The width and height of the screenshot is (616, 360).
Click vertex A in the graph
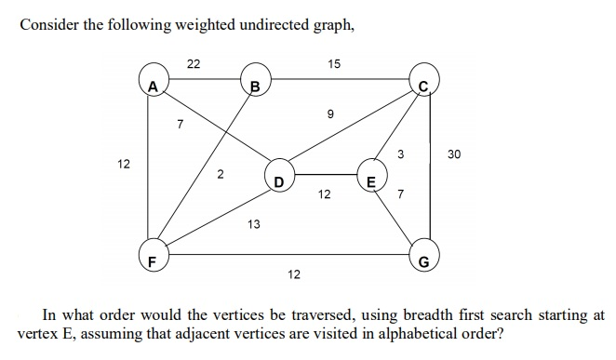point(150,87)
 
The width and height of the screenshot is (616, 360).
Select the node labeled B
point(253,87)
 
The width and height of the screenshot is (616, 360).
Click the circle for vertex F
point(151,258)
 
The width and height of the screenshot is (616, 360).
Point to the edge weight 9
point(329,114)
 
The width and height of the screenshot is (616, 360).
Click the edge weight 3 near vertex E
point(401,154)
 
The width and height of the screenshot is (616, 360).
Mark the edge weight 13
point(253,224)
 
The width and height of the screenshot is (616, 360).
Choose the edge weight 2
point(220,174)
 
